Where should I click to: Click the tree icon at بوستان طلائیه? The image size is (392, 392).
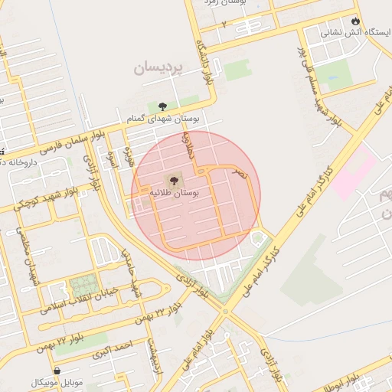175,181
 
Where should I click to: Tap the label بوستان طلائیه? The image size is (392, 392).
175,194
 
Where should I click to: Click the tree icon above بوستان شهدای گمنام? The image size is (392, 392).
162,106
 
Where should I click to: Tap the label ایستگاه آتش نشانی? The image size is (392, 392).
354,33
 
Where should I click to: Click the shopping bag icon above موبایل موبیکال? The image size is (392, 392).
57,371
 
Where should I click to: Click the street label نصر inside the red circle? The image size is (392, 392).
241,175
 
